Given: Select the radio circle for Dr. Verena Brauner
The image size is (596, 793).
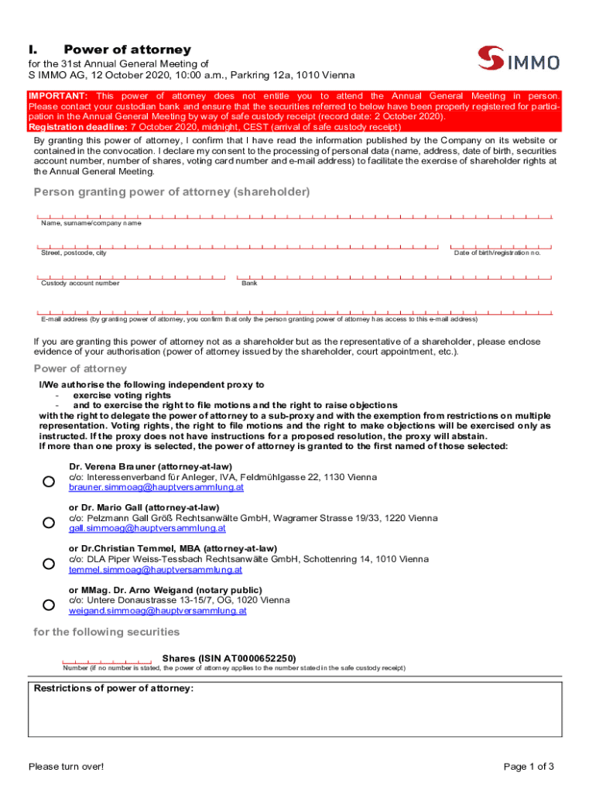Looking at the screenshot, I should point(48,482).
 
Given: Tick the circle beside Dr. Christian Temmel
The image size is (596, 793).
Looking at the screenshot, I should point(48,564).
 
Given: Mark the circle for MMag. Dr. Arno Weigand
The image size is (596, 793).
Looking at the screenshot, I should point(48,605).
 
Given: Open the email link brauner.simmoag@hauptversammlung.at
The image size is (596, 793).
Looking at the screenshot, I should point(156,488).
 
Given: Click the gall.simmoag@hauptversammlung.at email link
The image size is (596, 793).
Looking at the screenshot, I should point(147,529).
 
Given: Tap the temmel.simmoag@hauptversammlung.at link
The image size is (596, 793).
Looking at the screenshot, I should point(156,570).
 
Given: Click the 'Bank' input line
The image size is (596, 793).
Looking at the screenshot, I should point(394,276).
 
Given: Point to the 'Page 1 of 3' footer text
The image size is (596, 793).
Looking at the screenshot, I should point(529,767).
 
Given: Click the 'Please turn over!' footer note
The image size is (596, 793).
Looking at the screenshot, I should point(66,767).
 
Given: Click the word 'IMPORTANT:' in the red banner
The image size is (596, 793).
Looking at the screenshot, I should point(58,96).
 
